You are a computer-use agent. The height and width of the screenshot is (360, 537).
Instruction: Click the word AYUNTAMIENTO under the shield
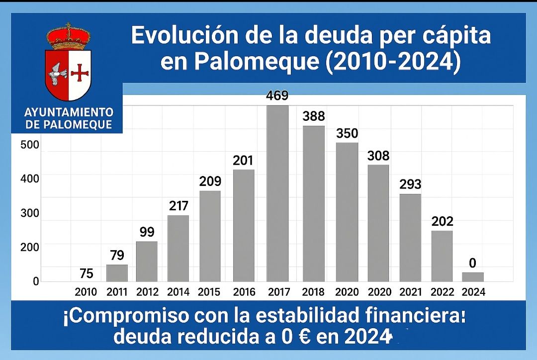[x=69, y=112]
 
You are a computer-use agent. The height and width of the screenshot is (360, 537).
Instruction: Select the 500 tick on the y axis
[x=29, y=145]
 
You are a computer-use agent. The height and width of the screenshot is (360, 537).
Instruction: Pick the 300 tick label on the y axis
[x=29, y=213]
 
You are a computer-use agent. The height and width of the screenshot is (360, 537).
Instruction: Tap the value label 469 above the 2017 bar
[x=277, y=96]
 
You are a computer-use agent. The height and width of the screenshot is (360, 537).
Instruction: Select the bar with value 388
[x=314, y=203]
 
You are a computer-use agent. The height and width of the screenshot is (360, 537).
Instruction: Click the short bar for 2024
[x=472, y=277]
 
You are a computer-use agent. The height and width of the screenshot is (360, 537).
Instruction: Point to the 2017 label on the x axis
[x=279, y=292]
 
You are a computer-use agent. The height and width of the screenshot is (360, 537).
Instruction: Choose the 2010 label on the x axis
[x=86, y=292]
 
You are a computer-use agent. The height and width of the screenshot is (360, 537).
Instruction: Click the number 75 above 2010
[x=86, y=273]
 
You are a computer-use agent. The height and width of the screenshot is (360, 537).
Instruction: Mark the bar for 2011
[x=117, y=273]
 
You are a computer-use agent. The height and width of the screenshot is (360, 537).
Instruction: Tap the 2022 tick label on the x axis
[x=442, y=292]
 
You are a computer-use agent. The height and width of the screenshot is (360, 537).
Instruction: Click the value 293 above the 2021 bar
[x=410, y=184]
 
